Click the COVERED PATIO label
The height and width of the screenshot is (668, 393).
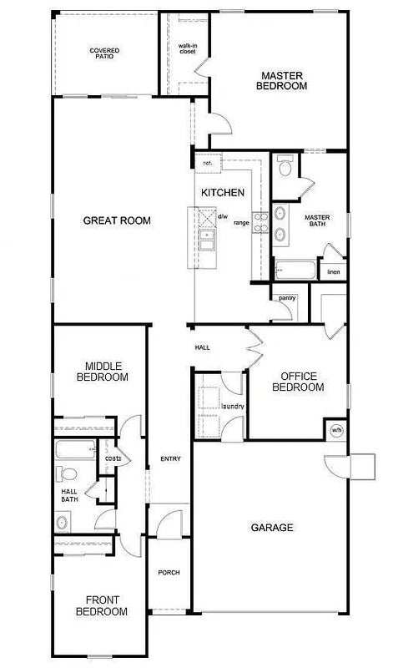(x=104, y=53)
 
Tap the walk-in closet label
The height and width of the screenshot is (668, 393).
(x=188, y=48)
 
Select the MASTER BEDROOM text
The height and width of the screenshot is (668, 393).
(x=281, y=81)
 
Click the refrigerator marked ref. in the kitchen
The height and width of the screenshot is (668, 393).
(x=209, y=163)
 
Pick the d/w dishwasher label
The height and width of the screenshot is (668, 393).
(x=223, y=217)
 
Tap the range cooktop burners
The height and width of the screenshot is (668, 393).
(x=260, y=222)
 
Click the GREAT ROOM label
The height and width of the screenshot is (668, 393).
(x=117, y=220)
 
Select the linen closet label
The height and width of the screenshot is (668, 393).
(x=334, y=272)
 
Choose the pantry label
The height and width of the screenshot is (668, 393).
(x=287, y=298)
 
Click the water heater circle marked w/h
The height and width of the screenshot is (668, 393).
(x=336, y=430)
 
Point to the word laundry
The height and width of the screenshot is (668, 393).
(x=233, y=407)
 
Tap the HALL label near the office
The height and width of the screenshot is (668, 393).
(x=202, y=347)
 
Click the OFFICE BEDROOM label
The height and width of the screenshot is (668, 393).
(x=298, y=382)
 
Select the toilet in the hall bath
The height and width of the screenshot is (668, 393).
(x=67, y=473)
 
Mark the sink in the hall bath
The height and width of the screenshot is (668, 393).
(x=63, y=523)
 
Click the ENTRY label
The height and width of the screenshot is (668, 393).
(x=170, y=458)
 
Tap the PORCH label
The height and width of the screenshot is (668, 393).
(x=169, y=573)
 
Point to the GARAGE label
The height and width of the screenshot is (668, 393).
(x=272, y=528)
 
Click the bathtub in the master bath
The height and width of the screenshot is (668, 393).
(x=295, y=270)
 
